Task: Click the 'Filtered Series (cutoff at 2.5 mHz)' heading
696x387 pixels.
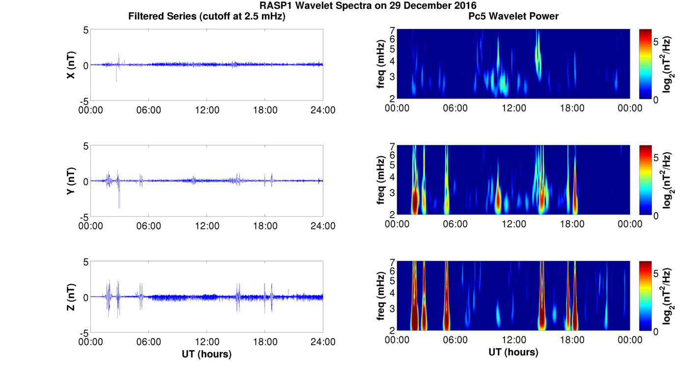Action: pos(207,16)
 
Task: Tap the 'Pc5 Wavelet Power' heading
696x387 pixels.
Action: pos(513,16)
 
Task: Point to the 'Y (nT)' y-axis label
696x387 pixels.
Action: pos(71,181)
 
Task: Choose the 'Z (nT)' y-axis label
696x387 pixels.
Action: pos(71,297)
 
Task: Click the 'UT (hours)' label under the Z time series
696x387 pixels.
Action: pos(207,354)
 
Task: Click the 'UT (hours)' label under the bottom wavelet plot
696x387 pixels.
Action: pos(513,352)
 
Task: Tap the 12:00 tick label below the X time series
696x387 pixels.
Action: pos(207,110)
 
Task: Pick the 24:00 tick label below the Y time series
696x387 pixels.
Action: pos(323,226)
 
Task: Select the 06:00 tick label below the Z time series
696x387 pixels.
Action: pos(149,342)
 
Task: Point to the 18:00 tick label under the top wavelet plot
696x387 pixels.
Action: pos(572,108)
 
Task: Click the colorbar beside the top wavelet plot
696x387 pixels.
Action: pos(645,64)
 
